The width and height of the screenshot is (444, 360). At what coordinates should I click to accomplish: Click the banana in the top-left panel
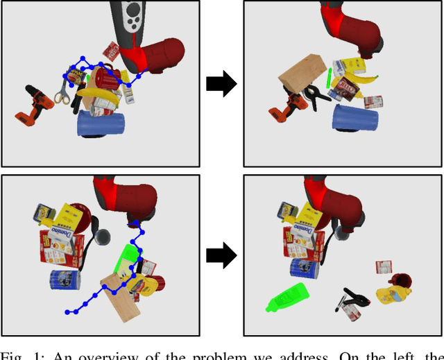point(97,92)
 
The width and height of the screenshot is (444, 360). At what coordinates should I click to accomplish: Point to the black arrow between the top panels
point(222,84)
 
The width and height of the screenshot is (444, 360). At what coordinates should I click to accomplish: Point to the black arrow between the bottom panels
point(222,256)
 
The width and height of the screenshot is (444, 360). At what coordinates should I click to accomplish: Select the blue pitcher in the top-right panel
point(356,118)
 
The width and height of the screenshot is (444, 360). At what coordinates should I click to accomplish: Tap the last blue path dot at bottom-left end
point(67,313)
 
